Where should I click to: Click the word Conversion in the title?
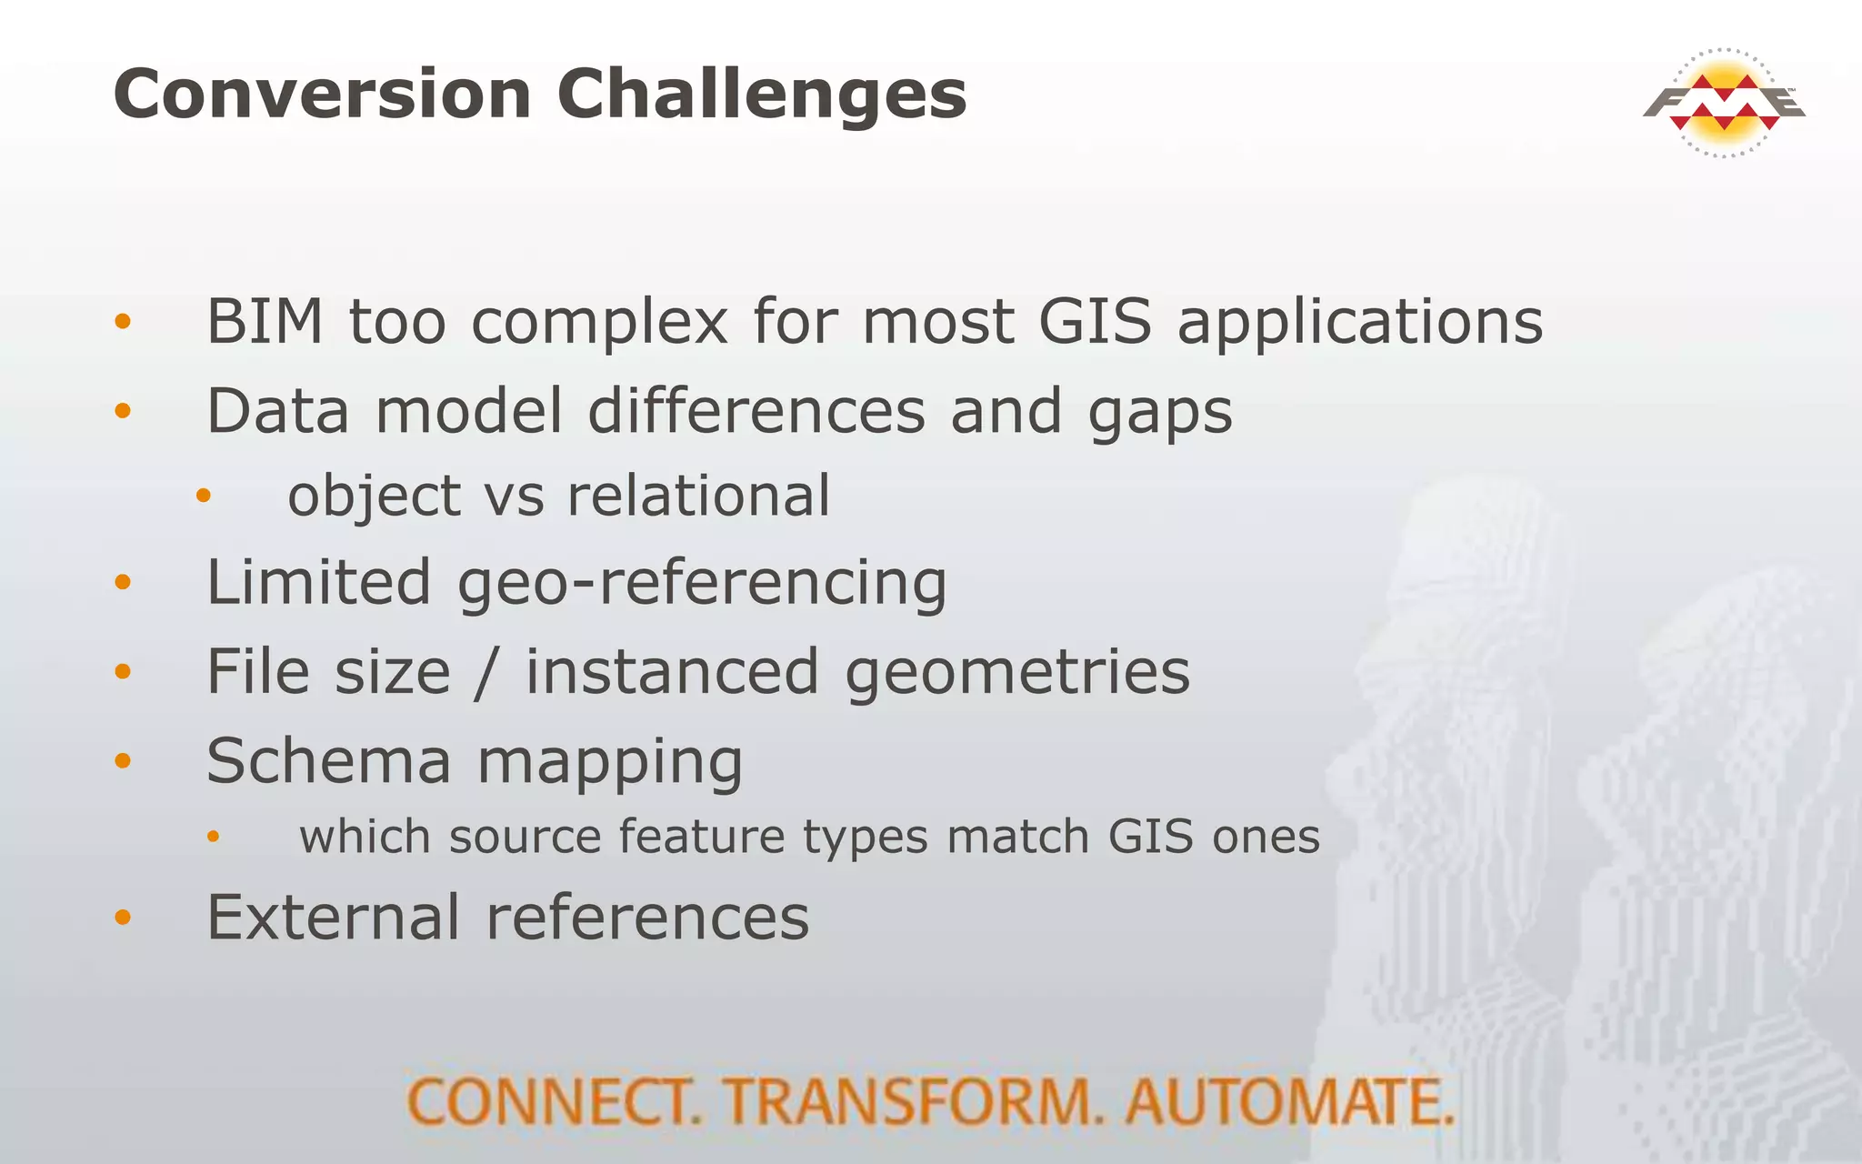(x=322, y=95)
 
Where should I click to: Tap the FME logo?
(x=1724, y=103)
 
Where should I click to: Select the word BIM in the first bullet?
(x=265, y=322)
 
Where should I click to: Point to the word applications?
(x=1360, y=324)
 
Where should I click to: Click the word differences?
(x=756, y=411)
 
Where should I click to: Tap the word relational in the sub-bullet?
(x=698, y=497)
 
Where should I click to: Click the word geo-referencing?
(x=702, y=584)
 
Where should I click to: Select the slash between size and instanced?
(x=487, y=673)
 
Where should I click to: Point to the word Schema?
(x=328, y=761)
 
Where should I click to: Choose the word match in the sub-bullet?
(x=1017, y=837)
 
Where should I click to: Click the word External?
(x=334, y=917)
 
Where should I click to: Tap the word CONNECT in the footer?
(x=554, y=1102)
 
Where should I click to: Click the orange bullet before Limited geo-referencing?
(x=124, y=582)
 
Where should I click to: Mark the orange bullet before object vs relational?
(x=204, y=497)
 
